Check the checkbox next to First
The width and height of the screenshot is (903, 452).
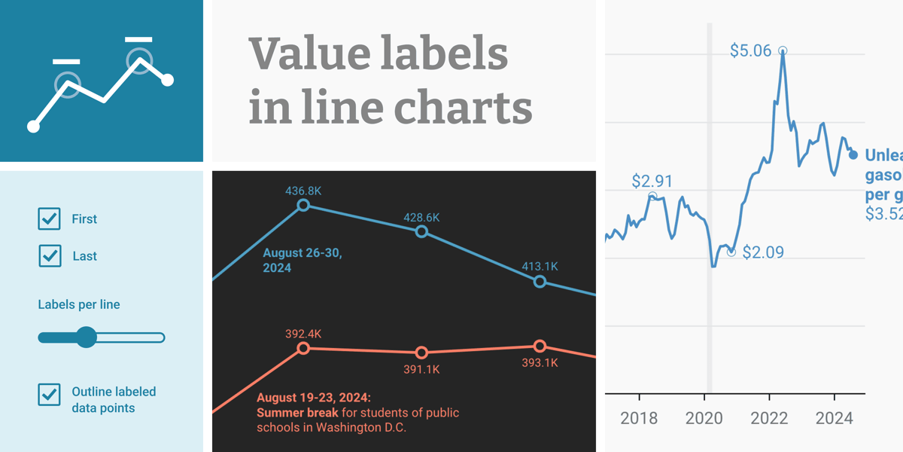49,218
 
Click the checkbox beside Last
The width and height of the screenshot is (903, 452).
49,256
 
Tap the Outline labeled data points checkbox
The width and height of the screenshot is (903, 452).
49,394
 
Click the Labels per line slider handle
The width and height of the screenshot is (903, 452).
87,337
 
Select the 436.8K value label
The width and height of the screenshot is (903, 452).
303,191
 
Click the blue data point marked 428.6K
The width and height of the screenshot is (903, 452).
421,232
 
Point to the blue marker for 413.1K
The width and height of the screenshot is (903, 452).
540,282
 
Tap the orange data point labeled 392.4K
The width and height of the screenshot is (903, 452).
303,348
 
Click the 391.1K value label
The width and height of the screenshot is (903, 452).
421,369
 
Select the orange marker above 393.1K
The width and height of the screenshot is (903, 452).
540,346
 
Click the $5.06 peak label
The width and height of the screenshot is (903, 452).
750,50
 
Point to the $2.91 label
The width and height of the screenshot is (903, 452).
652,181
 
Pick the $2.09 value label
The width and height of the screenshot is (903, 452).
762,252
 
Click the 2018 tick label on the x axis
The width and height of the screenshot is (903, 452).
640,418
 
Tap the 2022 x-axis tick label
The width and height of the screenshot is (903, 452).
769,418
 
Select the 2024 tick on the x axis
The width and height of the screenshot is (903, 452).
835,418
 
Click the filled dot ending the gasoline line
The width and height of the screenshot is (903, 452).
853,155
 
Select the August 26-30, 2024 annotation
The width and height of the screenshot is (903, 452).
302,260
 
